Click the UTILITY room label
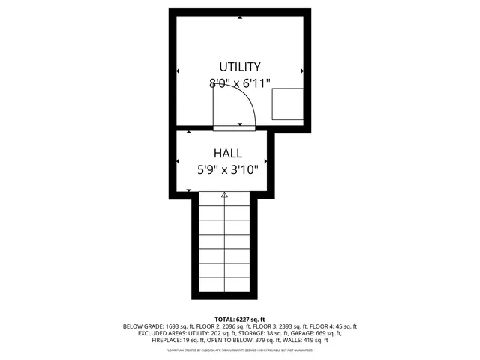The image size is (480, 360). [x=239, y=67]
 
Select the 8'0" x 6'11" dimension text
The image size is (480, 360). [x=240, y=84]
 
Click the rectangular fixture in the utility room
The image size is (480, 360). [x=288, y=103]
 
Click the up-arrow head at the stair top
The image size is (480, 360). [x=224, y=195]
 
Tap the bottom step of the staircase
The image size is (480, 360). [x=224, y=285]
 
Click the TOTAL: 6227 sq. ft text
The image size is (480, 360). [x=240, y=319]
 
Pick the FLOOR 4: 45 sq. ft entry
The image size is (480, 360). [x=334, y=326]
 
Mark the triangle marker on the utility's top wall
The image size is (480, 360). [x=240, y=16]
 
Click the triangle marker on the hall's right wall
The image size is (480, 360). [x=266, y=161]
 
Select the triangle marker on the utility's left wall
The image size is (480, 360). [x=178, y=71]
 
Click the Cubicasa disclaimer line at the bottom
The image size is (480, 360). [x=240, y=349]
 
